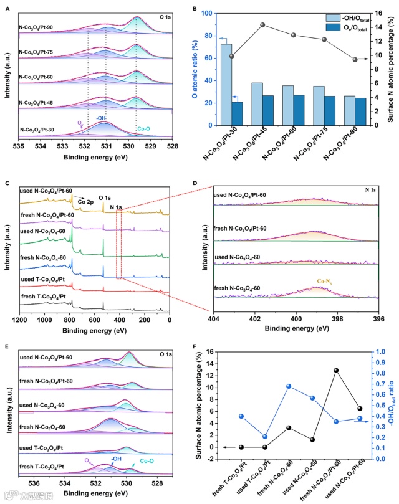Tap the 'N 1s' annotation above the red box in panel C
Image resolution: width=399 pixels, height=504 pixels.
click(x=117, y=207)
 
